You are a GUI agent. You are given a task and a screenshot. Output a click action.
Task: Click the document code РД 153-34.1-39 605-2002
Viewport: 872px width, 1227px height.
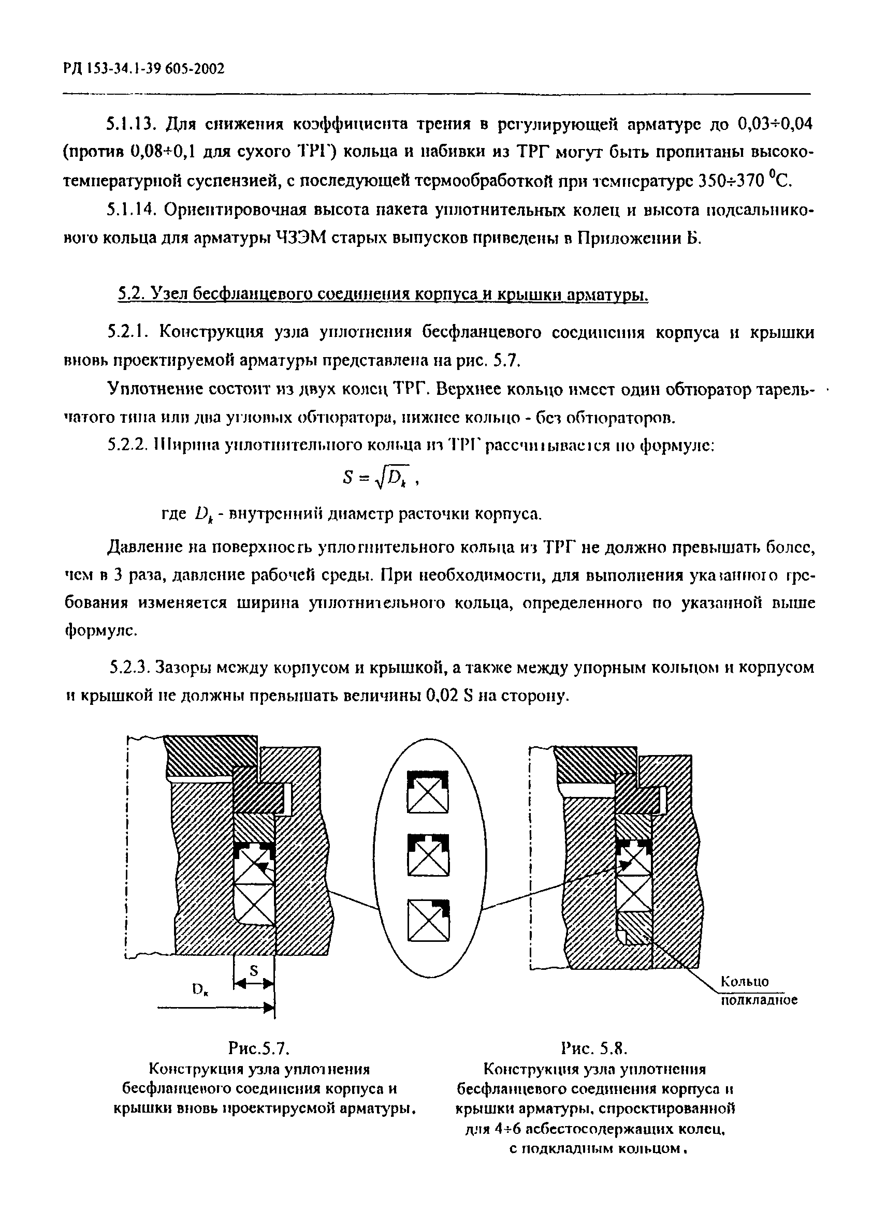click(143, 69)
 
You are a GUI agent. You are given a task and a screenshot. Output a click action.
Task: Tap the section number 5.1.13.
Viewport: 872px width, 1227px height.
click(129, 125)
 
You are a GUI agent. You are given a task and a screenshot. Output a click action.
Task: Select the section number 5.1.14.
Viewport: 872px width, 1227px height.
click(129, 210)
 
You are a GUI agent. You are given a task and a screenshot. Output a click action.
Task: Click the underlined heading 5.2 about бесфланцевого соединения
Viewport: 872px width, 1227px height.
click(383, 294)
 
